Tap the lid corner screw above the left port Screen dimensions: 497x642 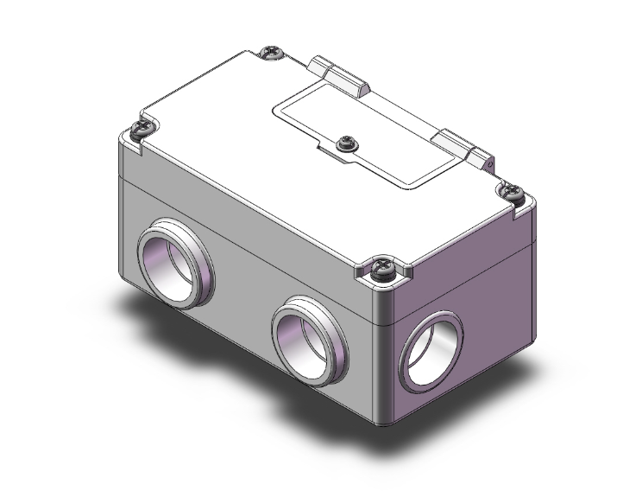142,131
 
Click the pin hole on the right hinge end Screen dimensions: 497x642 488,160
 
